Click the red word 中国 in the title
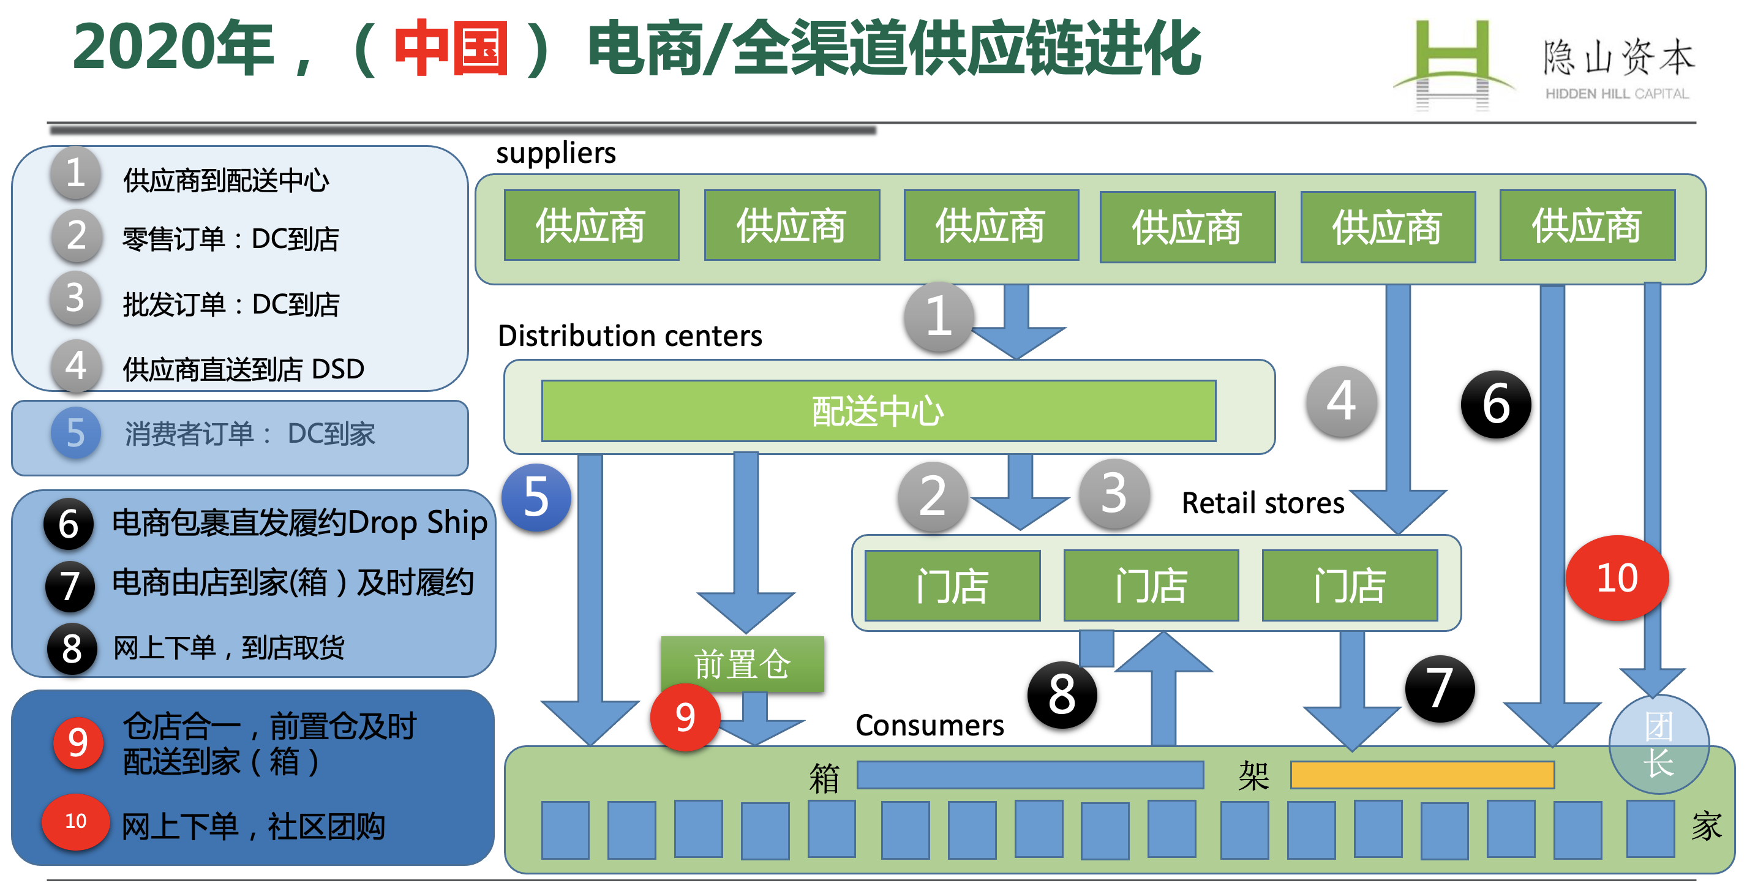(x=451, y=48)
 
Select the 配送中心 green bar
(x=878, y=411)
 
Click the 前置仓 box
(x=743, y=664)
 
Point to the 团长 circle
(x=1658, y=744)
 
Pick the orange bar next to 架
(x=1422, y=775)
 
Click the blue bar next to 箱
(x=1030, y=775)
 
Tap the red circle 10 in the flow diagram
(x=1617, y=577)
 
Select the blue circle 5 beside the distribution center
(x=536, y=497)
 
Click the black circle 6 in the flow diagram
(x=1495, y=404)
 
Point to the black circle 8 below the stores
(x=1062, y=695)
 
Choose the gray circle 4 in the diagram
(x=1342, y=402)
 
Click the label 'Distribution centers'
(x=630, y=336)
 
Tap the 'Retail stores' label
(x=1263, y=503)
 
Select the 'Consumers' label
(x=930, y=726)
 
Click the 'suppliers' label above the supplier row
(x=556, y=153)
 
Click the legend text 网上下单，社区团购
(x=254, y=827)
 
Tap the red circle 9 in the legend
(x=78, y=742)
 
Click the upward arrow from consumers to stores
(x=1163, y=689)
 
